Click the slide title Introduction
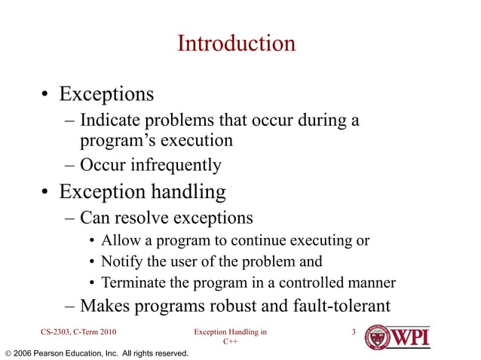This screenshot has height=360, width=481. pos(236,43)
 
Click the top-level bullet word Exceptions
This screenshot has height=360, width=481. pos(106,95)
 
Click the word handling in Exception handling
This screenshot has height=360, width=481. pos(188,192)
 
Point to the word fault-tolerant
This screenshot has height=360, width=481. pos(341,306)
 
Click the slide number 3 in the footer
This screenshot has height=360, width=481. pos(354,331)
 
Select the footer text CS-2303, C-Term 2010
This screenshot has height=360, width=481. pos(78,331)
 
